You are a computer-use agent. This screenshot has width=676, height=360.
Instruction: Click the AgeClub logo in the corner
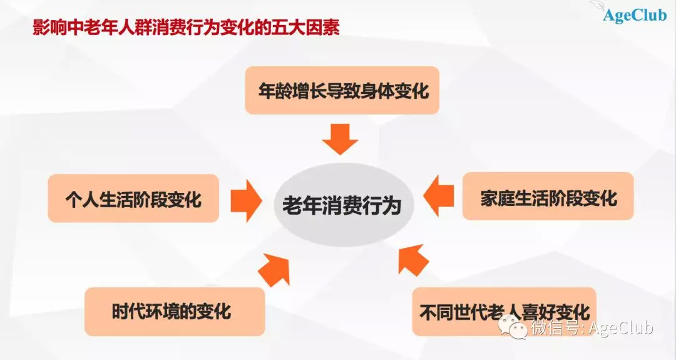click(632, 14)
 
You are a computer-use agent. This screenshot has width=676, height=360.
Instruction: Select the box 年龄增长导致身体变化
click(342, 91)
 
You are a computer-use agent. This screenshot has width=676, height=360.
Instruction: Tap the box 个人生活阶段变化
click(133, 198)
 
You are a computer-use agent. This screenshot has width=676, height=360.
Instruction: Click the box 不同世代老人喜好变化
click(504, 311)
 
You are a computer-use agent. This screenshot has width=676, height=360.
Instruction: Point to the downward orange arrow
click(341, 138)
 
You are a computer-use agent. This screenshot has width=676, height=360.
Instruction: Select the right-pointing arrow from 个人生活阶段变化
click(246, 198)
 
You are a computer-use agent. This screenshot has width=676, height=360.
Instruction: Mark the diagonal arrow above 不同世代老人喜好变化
click(412, 260)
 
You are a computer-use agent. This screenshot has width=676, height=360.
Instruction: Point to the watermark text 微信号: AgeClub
click(591, 328)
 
